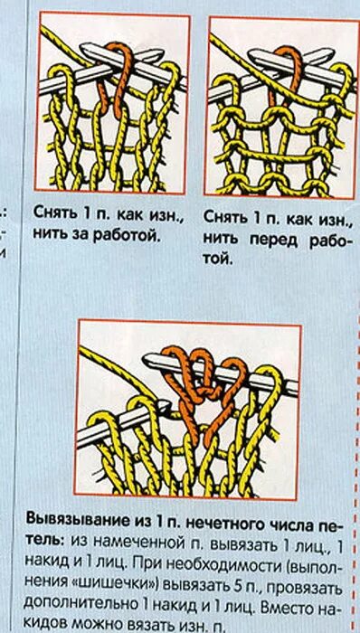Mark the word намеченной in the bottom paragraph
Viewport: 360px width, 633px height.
pos(133,546)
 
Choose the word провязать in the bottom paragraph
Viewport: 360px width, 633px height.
pos(290,586)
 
